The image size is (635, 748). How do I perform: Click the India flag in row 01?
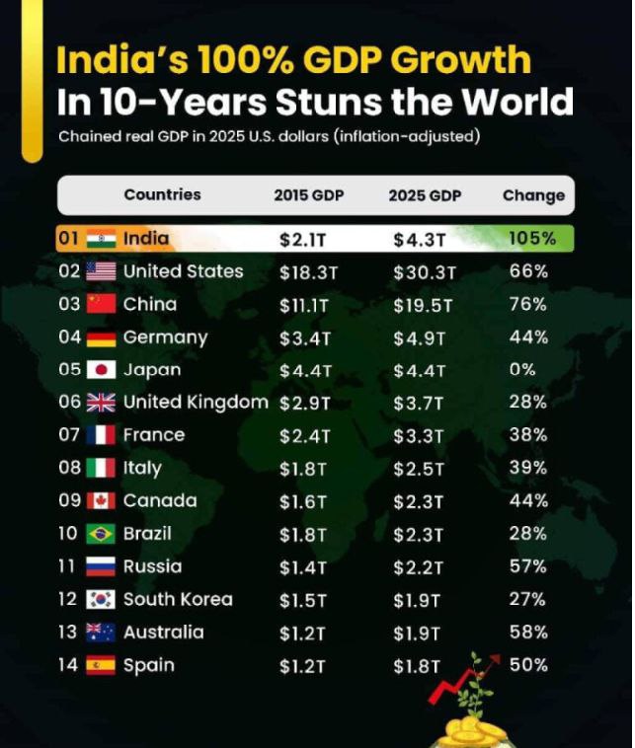pyautogui.click(x=101, y=239)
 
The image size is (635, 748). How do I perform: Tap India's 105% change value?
pyautogui.click(x=532, y=239)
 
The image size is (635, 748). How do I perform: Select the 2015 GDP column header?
pyautogui.click(x=309, y=195)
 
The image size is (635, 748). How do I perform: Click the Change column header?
pyautogui.click(x=533, y=195)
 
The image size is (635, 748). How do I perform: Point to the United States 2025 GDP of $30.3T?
pyautogui.click(x=424, y=271)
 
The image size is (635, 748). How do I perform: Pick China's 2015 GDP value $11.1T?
pyautogui.click(x=305, y=305)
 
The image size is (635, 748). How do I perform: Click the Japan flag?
pyautogui.click(x=101, y=370)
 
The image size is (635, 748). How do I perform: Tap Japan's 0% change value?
pyautogui.click(x=523, y=370)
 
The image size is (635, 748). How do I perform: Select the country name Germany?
pyautogui.click(x=165, y=337)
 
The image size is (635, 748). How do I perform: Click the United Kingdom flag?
pyautogui.click(x=101, y=403)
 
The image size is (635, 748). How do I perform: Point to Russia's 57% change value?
pyautogui.click(x=527, y=566)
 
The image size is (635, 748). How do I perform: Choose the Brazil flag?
pyautogui.click(x=101, y=534)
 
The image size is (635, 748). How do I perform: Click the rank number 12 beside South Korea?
pyautogui.click(x=67, y=599)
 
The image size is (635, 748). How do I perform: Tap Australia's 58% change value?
pyautogui.click(x=527, y=632)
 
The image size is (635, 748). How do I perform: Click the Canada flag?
pyautogui.click(x=101, y=501)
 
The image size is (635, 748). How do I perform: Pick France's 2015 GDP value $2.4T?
pyautogui.click(x=302, y=435)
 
